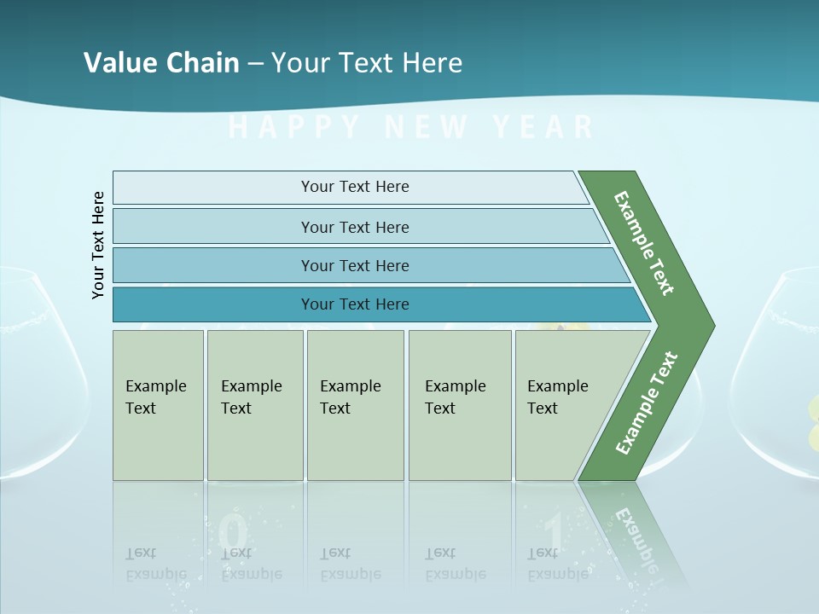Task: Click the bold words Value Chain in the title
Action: pyautogui.click(x=161, y=62)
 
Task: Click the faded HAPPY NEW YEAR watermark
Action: pyautogui.click(x=411, y=127)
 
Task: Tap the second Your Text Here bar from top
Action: pyautogui.click(x=355, y=227)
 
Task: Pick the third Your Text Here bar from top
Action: pyautogui.click(x=355, y=265)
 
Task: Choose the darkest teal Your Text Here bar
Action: pyautogui.click(x=355, y=304)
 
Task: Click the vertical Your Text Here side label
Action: pyautogui.click(x=98, y=245)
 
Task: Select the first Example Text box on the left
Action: pyautogui.click(x=158, y=405)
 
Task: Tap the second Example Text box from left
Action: pyautogui.click(x=254, y=405)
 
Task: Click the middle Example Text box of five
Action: pyautogui.click(x=355, y=405)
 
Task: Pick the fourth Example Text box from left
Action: pyautogui.click(x=459, y=405)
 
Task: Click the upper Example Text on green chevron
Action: pyautogui.click(x=644, y=243)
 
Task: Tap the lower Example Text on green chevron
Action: pyautogui.click(x=646, y=403)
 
